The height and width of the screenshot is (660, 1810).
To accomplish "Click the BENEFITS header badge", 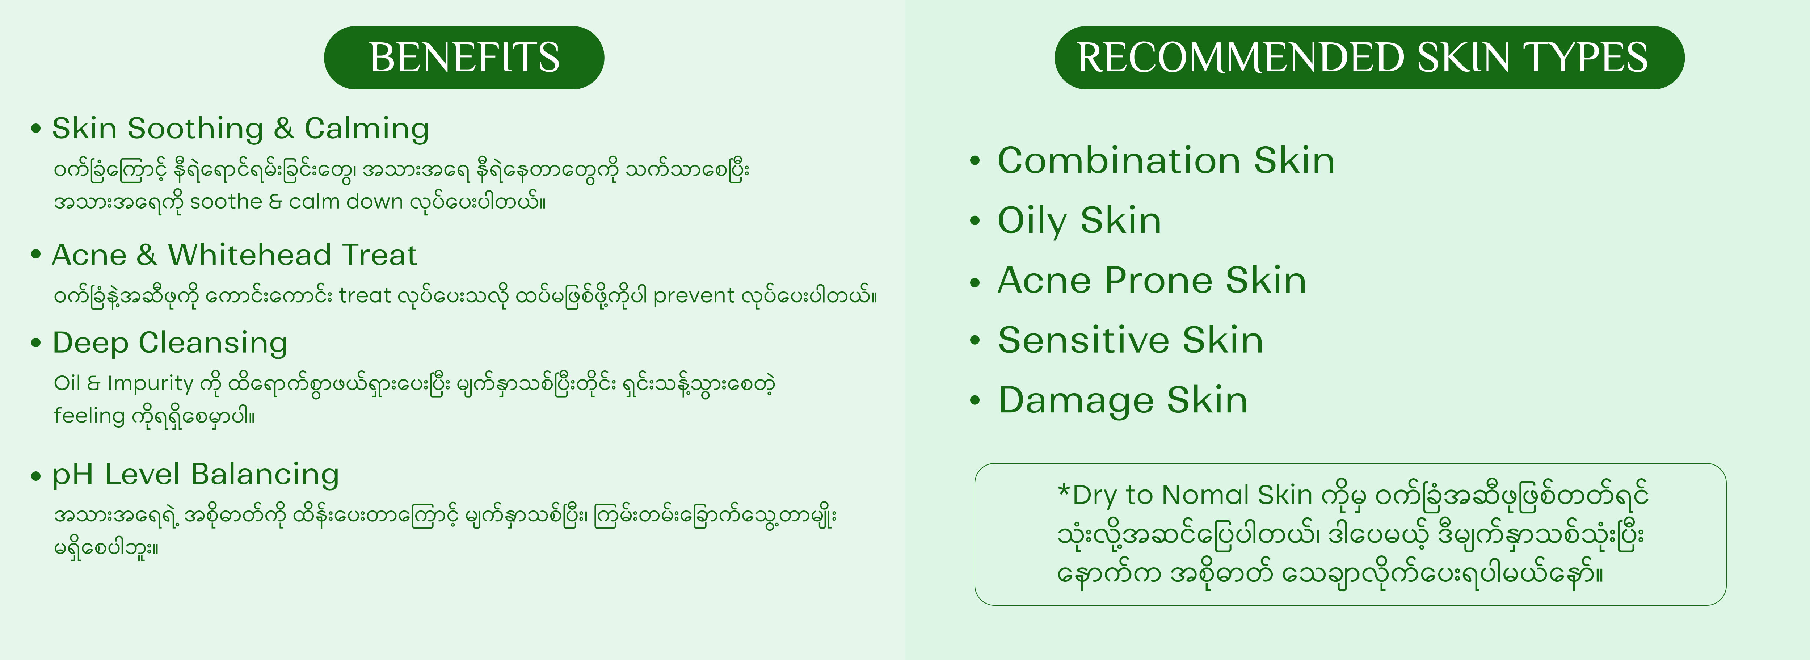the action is coord(464,58).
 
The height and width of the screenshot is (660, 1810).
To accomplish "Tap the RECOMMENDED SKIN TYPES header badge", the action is coord(1369,58).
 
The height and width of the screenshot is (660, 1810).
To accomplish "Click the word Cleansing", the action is coord(213,344).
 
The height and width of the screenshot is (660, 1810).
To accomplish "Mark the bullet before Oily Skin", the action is coord(975,221).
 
